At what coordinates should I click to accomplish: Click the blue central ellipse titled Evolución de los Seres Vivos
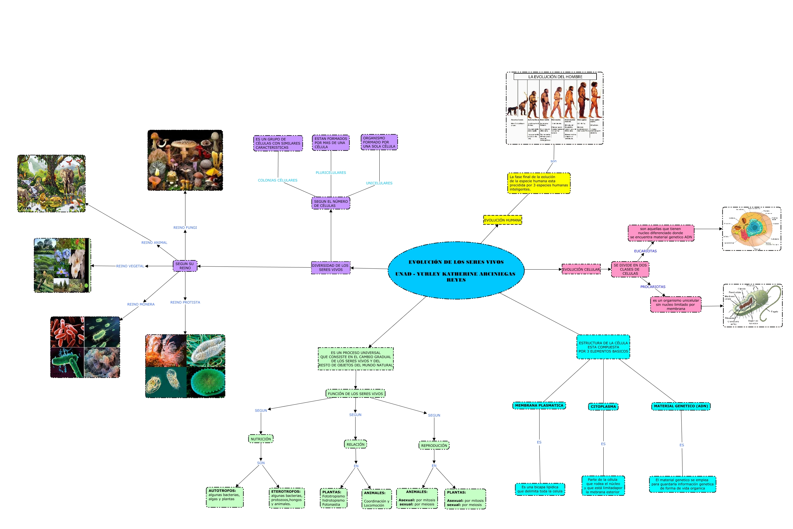click(x=456, y=270)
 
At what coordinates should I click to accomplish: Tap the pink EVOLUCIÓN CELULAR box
click(x=581, y=269)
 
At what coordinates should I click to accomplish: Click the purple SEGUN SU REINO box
click(x=185, y=266)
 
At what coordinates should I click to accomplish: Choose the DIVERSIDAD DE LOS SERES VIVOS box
click(x=330, y=268)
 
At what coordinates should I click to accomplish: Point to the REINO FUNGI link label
click(x=185, y=227)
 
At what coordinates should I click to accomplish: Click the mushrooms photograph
click(x=185, y=160)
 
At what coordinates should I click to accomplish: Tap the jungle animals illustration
click(x=51, y=184)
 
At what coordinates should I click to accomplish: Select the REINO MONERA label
click(x=141, y=304)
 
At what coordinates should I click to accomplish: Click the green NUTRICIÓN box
click(x=261, y=439)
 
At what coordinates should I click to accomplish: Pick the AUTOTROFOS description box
click(x=225, y=497)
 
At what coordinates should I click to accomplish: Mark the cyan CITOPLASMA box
click(x=603, y=407)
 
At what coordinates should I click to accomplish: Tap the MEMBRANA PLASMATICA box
click(x=539, y=406)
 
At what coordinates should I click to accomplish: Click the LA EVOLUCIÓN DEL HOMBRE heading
click(x=555, y=76)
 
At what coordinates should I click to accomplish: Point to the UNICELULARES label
click(x=379, y=183)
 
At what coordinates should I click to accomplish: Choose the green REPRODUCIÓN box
click(x=434, y=445)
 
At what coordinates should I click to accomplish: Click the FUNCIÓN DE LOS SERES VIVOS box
click(x=355, y=394)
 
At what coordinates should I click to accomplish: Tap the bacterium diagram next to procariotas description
click(x=752, y=305)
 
